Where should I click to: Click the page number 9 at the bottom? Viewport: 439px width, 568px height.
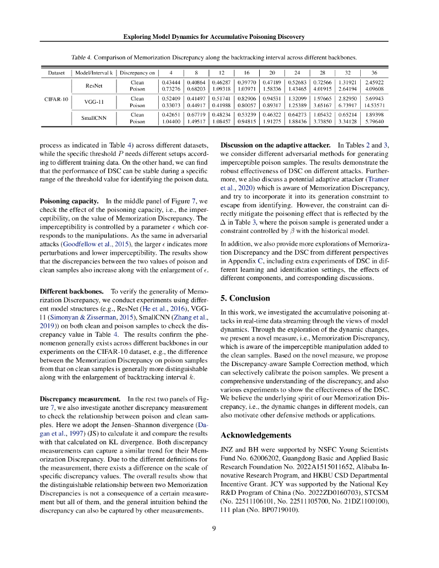[x=214, y=529]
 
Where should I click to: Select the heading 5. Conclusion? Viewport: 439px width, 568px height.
[x=246, y=298]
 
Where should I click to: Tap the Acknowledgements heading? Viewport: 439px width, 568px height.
[x=256, y=435]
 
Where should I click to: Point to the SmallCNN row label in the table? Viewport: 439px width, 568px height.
[x=94, y=118]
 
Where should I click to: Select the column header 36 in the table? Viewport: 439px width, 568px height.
[x=374, y=72]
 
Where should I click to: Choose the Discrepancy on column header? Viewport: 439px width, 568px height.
[x=137, y=72]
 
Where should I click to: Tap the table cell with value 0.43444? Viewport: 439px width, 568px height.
[x=172, y=83]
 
